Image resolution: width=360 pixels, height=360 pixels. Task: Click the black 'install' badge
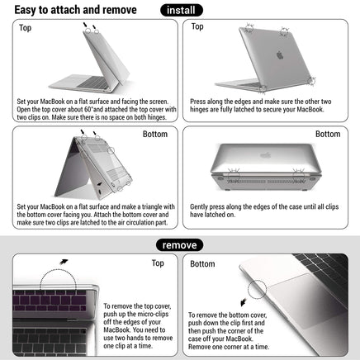pos(182,10)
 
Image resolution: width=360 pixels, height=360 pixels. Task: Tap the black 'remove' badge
pos(180,244)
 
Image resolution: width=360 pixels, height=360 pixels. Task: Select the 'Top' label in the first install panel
pos(26,27)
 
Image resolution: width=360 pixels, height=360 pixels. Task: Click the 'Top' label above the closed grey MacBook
pos(197,27)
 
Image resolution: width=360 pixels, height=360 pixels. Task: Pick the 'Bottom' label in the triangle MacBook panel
pos(154,134)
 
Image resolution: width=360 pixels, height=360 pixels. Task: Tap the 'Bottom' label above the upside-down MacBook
pos(327,134)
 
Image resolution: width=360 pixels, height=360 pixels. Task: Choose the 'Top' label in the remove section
pos(157,264)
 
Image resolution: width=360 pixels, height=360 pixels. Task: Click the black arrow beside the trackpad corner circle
pos(242,300)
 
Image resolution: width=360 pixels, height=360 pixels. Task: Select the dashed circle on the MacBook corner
pos(260,288)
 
